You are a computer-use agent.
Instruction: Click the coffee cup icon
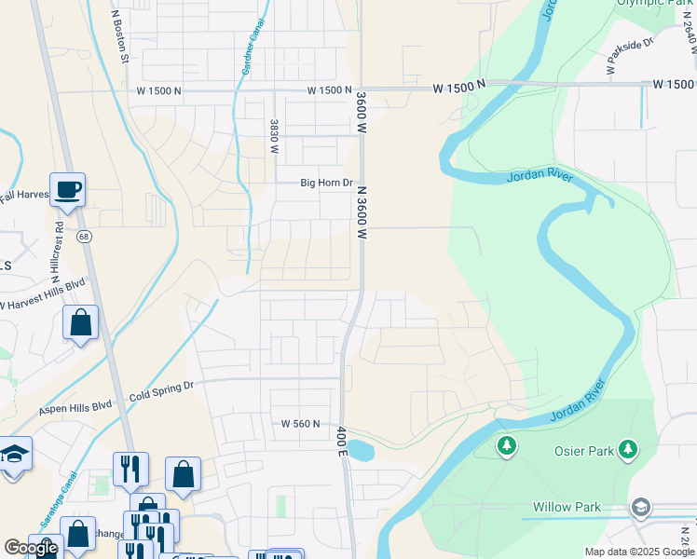coord(68,190)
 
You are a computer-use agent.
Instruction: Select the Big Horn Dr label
coord(326,184)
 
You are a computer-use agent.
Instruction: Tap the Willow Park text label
coord(567,508)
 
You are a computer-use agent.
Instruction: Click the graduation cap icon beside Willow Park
coord(640,508)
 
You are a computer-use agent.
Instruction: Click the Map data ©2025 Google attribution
coord(638,552)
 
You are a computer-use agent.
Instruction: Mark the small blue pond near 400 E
coord(362,452)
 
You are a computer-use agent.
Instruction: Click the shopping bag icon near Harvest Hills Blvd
coord(81,323)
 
